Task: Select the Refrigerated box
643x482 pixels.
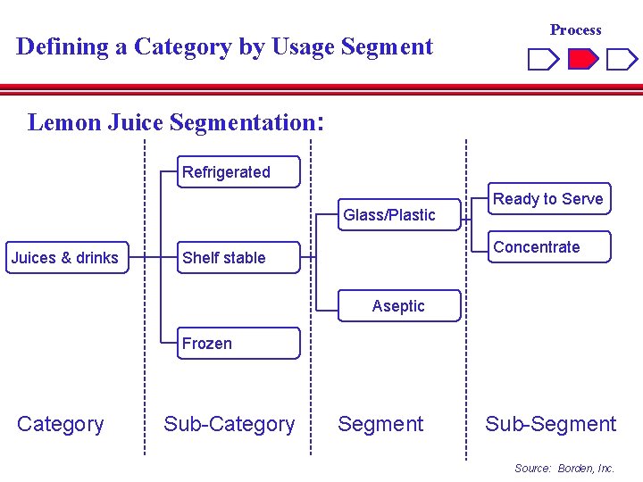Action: [238, 172]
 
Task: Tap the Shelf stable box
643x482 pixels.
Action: [238, 258]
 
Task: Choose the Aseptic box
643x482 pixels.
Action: [398, 306]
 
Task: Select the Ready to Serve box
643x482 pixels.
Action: [548, 199]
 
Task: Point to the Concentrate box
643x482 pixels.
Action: [548, 247]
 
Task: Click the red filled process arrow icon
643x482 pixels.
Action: [583, 60]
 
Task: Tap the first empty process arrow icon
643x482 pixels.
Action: [543, 60]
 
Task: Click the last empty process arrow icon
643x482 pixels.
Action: [622, 60]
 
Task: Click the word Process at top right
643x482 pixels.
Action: [575, 29]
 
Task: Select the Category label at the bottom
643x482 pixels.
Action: [61, 424]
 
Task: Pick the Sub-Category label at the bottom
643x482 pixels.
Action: [229, 424]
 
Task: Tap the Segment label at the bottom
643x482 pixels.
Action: [380, 424]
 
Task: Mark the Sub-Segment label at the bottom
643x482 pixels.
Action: [550, 424]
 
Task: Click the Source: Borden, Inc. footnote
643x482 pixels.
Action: [564, 468]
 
